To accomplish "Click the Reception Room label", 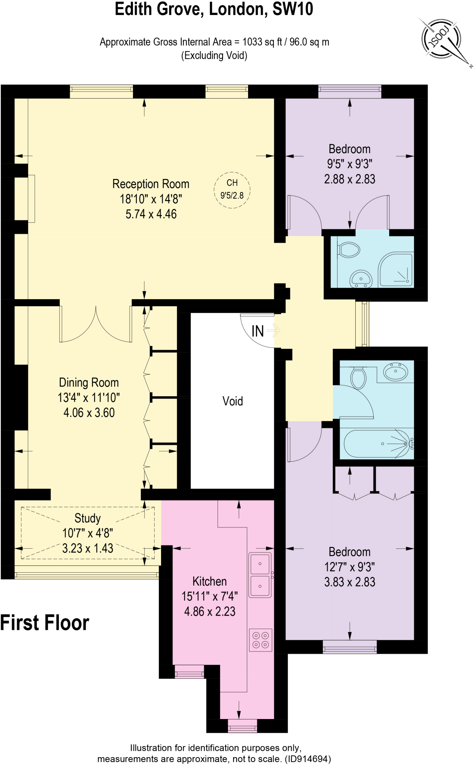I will tap(151, 184).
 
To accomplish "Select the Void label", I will tap(232, 401).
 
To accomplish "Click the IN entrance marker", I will tap(258, 331).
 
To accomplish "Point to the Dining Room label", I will tap(89, 382).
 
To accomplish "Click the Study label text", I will tap(87, 518).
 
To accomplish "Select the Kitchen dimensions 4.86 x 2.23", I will tap(210, 611).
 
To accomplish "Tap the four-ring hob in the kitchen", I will tap(260, 640).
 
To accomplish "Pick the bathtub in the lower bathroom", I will tap(377, 444).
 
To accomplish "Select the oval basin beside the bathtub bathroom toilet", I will tap(396, 372).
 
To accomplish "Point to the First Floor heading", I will tap(44, 623).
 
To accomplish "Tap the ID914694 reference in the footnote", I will tap(307, 759).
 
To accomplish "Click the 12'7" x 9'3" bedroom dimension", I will tap(349, 567).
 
